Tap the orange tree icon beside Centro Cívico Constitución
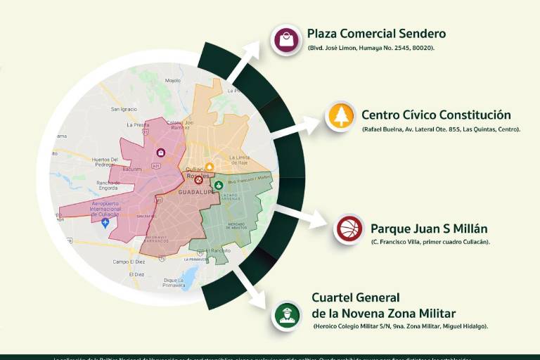click(x=342, y=116)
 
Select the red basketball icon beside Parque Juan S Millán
click(x=349, y=229)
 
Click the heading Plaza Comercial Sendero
click(x=376, y=34)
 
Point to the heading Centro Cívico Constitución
click(x=436, y=115)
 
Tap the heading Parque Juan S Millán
click(x=429, y=229)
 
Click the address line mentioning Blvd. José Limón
click(x=371, y=48)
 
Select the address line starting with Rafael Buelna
click(x=441, y=130)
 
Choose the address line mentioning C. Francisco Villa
click(x=430, y=242)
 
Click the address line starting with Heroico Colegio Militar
click(x=401, y=326)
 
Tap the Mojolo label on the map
click(x=172, y=81)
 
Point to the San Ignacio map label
click(x=124, y=110)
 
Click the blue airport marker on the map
click(x=105, y=223)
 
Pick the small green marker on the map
click(x=218, y=185)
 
